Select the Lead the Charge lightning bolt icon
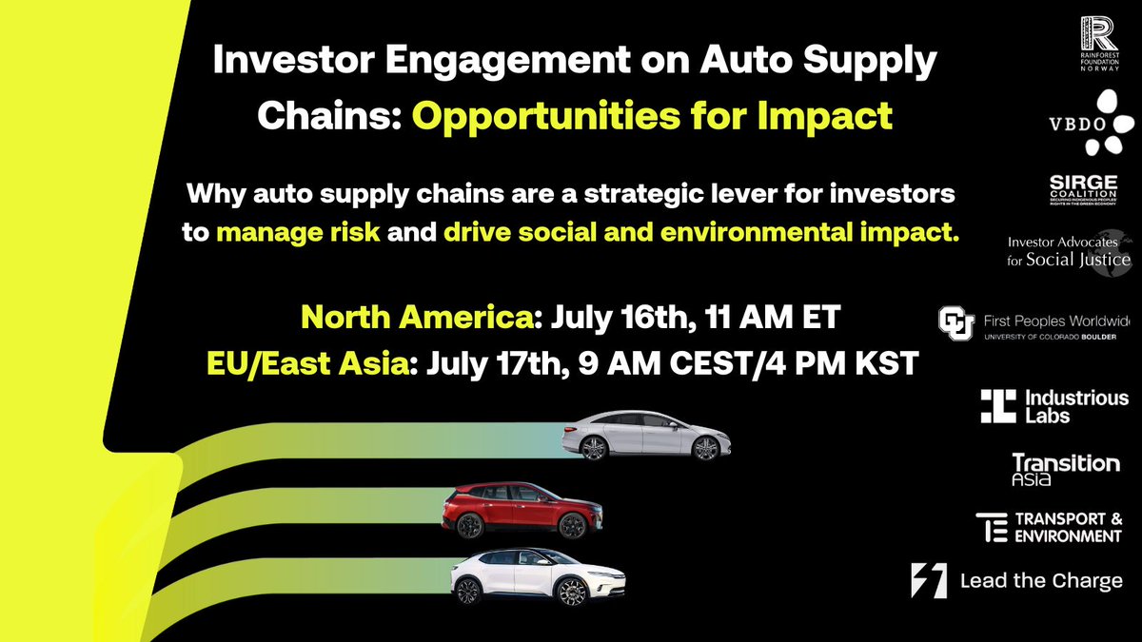(x=929, y=580)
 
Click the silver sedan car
(x=648, y=436)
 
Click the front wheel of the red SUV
(x=573, y=526)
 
